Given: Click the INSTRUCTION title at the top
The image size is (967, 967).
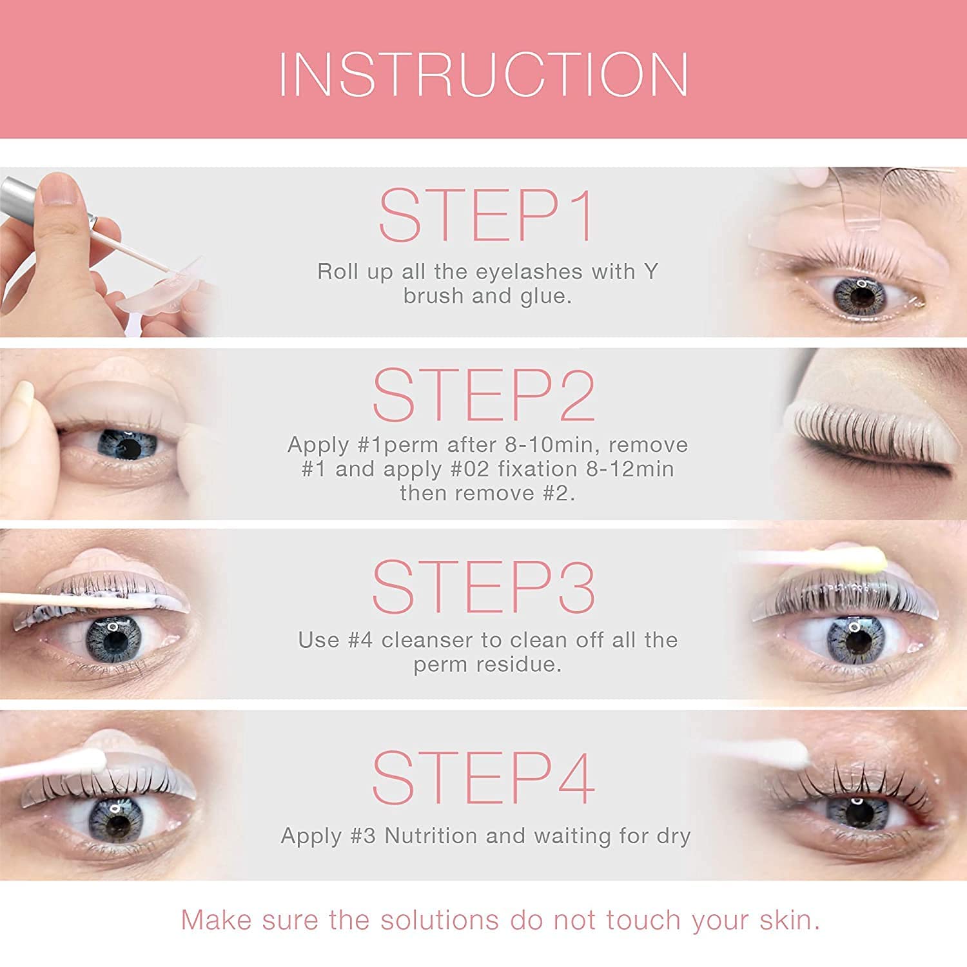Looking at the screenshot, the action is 484,74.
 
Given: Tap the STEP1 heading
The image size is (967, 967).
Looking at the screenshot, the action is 486,215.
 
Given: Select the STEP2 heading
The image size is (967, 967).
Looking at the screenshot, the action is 484,395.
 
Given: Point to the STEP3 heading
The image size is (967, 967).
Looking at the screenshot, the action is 484,586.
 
